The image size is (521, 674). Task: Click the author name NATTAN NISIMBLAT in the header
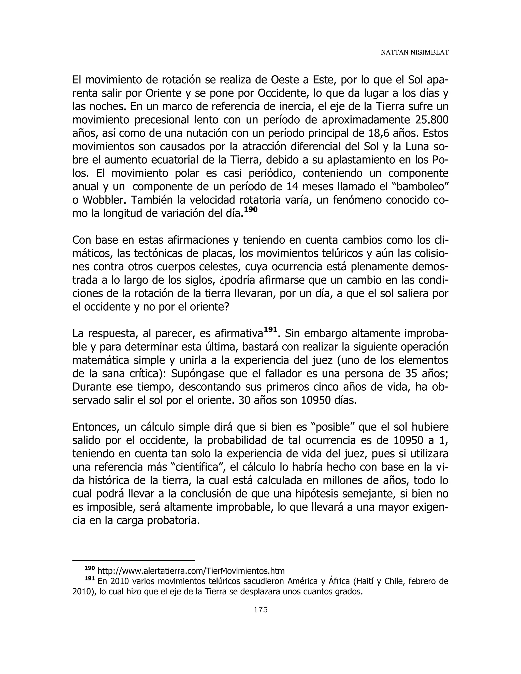click(414, 53)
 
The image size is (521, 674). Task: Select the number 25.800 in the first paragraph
click(430, 120)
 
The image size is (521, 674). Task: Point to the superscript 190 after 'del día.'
click(251, 209)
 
